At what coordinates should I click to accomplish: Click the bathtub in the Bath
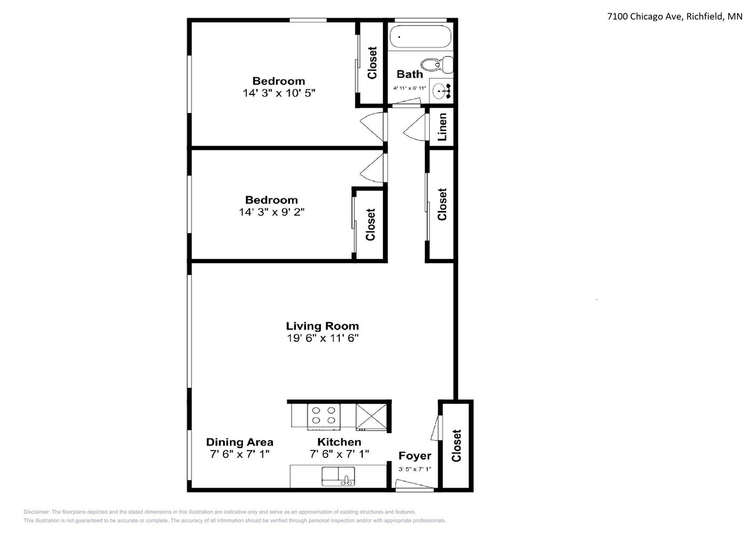pyautogui.click(x=420, y=36)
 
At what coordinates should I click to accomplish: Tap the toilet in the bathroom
pyautogui.click(x=437, y=64)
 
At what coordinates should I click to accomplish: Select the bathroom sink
pyautogui.click(x=441, y=91)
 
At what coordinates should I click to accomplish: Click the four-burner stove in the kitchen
pyautogui.click(x=324, y=417)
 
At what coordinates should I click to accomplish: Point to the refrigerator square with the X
pyautogui.click(x=371, y=417)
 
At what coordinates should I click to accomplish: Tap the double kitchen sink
pyautogui.click(x=338, y=476)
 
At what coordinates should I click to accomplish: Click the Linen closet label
pyautogui.click(x=442, y=127)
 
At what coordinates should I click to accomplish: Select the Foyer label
pyautogui.click(x=415, y=456)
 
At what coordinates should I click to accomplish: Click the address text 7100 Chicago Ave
pyautogui.click(x=645, y=17)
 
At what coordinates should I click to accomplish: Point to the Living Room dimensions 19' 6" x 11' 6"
pyautogui.click(x=323, y=338)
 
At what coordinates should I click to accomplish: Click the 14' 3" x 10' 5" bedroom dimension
pyautogui.click(x=279, y=93)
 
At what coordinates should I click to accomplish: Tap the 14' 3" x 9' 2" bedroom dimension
pyautogui.click(x=271, y=212)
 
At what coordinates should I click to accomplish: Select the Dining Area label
pyautogui.click(x=239, y=442)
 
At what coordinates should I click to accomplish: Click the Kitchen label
pyautogui.click(x=339, y=442)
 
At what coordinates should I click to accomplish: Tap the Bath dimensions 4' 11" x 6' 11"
pyautogui.click(x=410, y=88)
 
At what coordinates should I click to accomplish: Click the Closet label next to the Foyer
pyautogui.click(x=456, y=446)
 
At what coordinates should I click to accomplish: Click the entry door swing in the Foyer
pyautogui.click(x=414, y=484)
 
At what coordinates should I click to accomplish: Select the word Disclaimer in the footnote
pyautogui.click(x=37, y=512)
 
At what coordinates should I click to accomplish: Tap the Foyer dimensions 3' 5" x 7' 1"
pyautogui.click(x=415, y=469)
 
